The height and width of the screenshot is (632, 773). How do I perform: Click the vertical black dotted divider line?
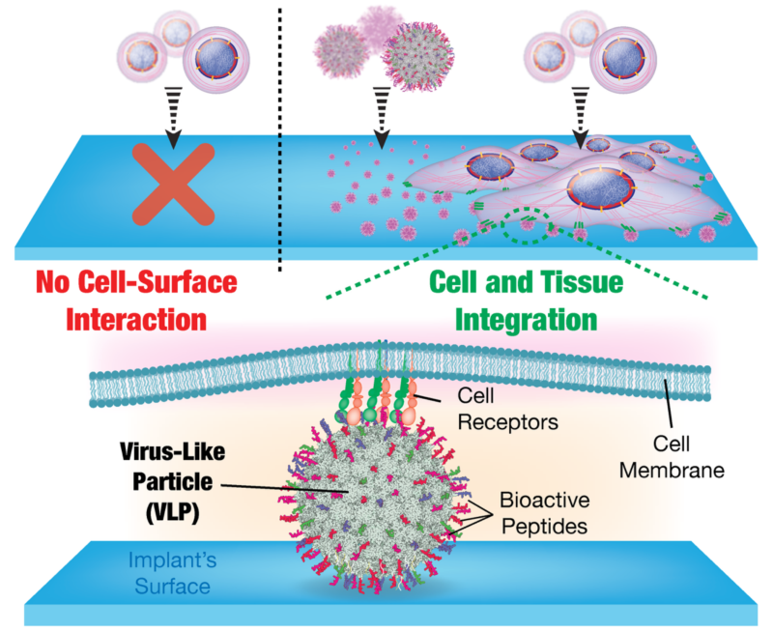coord(280,135)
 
